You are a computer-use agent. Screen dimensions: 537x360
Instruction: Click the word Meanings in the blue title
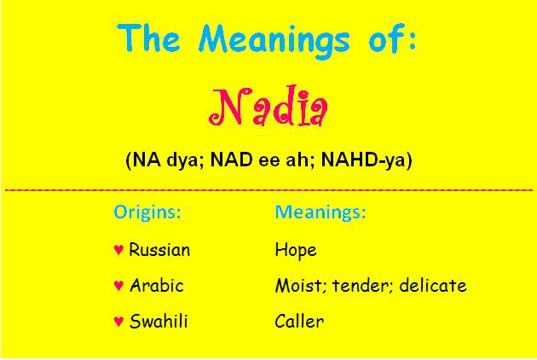tap(274, 40)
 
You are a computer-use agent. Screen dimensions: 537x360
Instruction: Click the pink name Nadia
tap(268, 106)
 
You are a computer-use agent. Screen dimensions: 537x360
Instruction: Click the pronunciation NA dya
tap(164, 160)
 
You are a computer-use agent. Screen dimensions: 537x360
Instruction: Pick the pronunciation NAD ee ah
tap(259, 160)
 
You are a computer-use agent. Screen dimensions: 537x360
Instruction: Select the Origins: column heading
tap(147, 212)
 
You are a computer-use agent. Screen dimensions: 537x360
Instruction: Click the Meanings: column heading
tap(320, 212)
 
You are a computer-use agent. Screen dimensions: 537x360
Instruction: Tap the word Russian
tap(159, 250)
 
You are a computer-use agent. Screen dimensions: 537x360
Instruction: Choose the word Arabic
tap(157, 285)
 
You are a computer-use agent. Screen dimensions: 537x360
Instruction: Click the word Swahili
tap(159, 322)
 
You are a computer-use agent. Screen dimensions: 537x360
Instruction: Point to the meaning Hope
tap(296, 250)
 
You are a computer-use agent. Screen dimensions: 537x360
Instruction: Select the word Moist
tap(300, 286)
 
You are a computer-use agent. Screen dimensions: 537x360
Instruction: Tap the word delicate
tap(433, 285)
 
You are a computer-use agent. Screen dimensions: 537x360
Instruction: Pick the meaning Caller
tap(299, 322)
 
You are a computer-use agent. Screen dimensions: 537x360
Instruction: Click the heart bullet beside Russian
tap(118, 250)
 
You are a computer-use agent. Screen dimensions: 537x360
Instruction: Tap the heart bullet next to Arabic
tap(118, 285)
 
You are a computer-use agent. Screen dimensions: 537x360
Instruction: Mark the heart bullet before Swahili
tap(118, 322)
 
